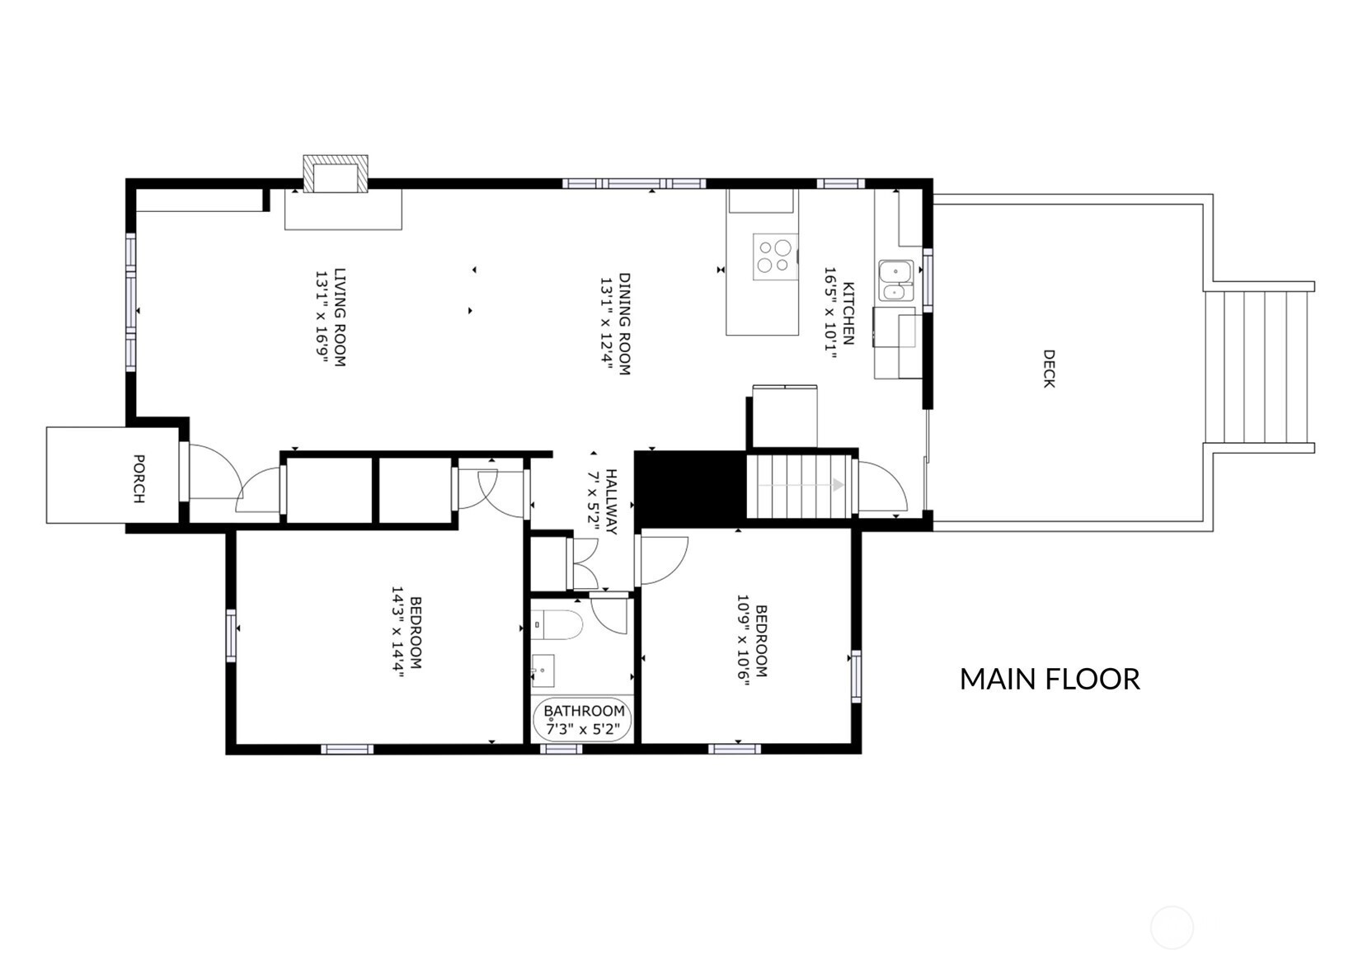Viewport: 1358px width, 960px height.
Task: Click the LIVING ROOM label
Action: (x=340, y=318)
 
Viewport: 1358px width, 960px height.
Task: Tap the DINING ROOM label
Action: (x=624, y=324)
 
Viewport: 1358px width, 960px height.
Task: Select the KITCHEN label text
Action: (x=848, y=313)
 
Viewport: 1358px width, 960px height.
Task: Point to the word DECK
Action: (x=1049, y=368)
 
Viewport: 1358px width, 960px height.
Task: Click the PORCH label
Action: (x=139, y=478)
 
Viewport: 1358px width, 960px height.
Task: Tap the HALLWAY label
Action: (x=611, y=501)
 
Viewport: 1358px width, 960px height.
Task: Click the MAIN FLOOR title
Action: (x=1050, y=680)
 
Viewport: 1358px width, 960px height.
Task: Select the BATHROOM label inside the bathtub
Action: (x=584, y=711)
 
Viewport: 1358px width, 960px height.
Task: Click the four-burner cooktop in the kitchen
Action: (x=775, y=256)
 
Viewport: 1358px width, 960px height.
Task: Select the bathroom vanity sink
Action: (x=543, y=671)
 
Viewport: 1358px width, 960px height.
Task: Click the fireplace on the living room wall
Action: (x=336, y=174)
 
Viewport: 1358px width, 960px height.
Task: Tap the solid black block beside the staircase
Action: (x=690, y=488)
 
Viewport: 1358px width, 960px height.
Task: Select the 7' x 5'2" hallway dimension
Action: (x=594, y=501)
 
